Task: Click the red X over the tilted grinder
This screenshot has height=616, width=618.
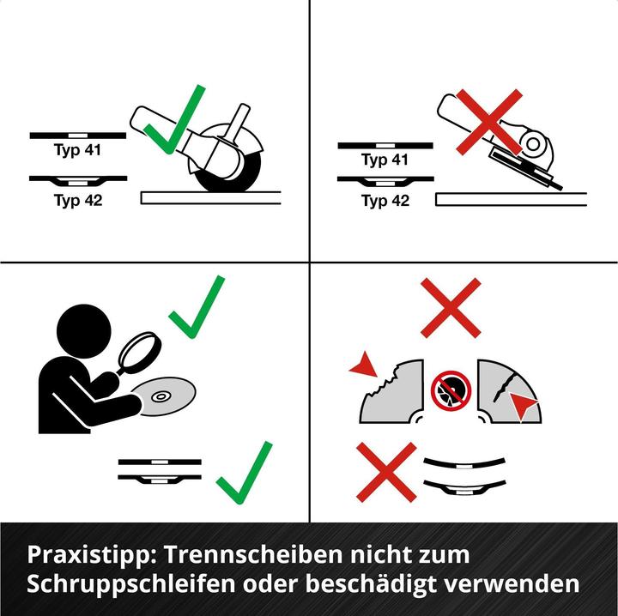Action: click(x=487, y=122)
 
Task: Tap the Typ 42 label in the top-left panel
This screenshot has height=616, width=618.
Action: click(x=77, y=200)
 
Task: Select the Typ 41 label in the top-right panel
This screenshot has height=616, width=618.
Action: click(x=385, y=160)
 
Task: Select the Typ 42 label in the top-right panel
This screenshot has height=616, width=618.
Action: click(x=385, y=202)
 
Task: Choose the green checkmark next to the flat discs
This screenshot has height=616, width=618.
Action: click(x=245, y=473)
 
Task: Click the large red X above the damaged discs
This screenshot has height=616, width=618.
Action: click(x=451, y=307)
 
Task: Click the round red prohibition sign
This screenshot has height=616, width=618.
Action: click(x=451, y=390)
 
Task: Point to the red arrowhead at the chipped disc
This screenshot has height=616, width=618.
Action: click(x=364, y=367)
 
